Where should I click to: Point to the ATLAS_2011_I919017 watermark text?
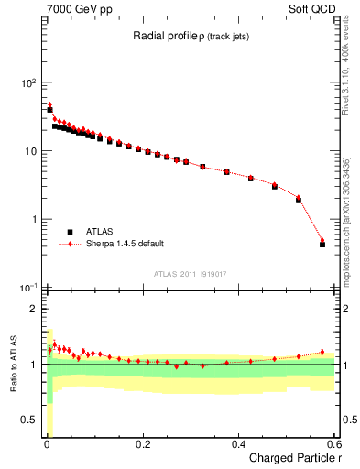tap(189, 273)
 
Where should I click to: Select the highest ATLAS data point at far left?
tap(49, 109)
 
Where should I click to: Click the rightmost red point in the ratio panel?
tap(322, 352)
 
